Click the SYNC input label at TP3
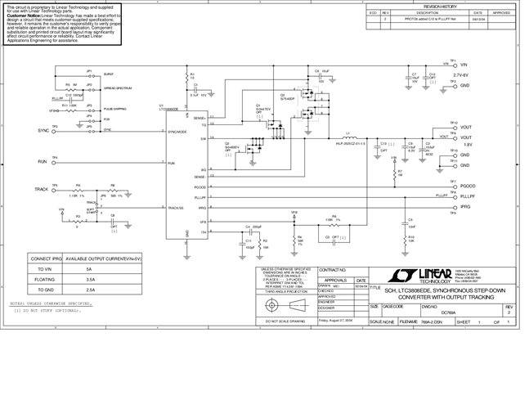43,131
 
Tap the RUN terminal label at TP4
43,163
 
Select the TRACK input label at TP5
41,189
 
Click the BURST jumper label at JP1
109,74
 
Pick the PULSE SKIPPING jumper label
114,108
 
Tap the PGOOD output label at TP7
468,187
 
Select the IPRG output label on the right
465,209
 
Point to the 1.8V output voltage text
465,144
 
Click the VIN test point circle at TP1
454,64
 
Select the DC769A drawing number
448,313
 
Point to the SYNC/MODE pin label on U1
178,131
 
